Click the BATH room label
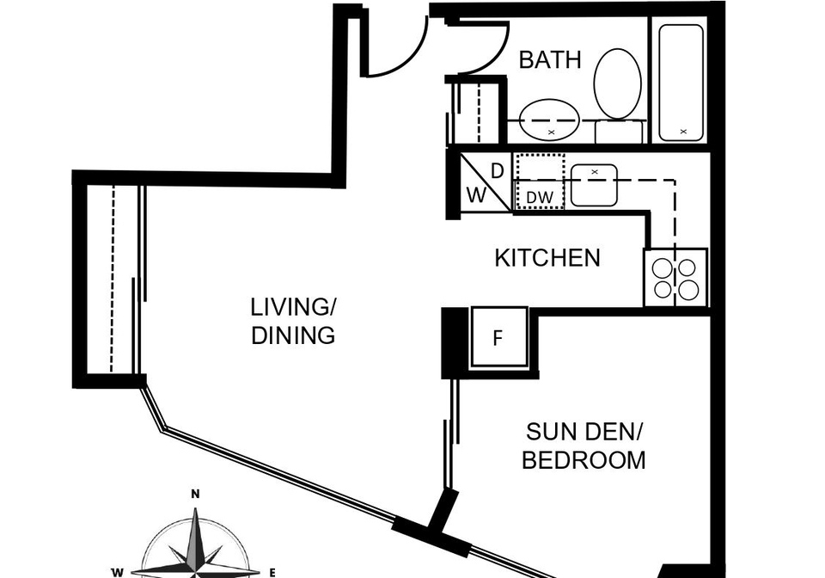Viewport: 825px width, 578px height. [550, 59]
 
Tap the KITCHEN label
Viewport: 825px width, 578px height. [547, 258]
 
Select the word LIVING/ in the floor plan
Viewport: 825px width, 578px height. [293, 307]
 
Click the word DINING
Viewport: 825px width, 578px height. [293, 335]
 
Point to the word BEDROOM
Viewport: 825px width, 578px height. [584, 460]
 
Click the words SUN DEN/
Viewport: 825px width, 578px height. [584, 432]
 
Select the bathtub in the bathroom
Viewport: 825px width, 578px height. [681, 83]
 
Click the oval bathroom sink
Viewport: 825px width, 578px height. [549, 120]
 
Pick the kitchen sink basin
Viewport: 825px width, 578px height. [594, 185]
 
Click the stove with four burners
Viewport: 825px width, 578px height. [675, 278]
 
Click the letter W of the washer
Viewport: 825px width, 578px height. [477, 196]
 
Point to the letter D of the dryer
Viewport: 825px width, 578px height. [498, 171]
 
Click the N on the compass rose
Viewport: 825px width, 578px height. [195, 494]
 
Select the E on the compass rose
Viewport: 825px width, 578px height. [272, 573]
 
